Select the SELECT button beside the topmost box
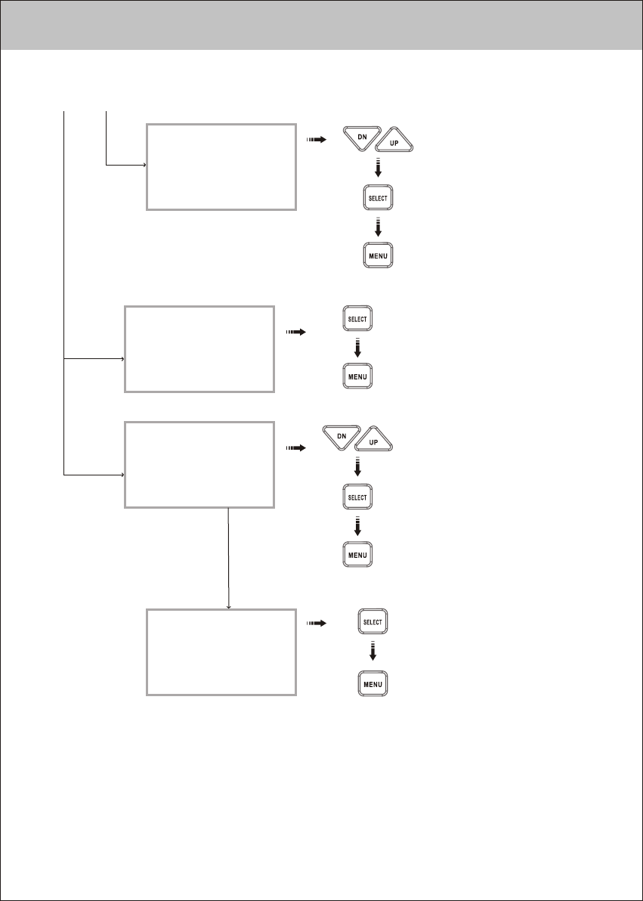378,199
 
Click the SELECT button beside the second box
357,319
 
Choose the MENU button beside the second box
357,376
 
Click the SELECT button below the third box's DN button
357,497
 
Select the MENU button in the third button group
357,555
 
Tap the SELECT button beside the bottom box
373,622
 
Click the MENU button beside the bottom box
373,685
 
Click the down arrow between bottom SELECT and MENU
373,653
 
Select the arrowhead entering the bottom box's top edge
228,606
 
